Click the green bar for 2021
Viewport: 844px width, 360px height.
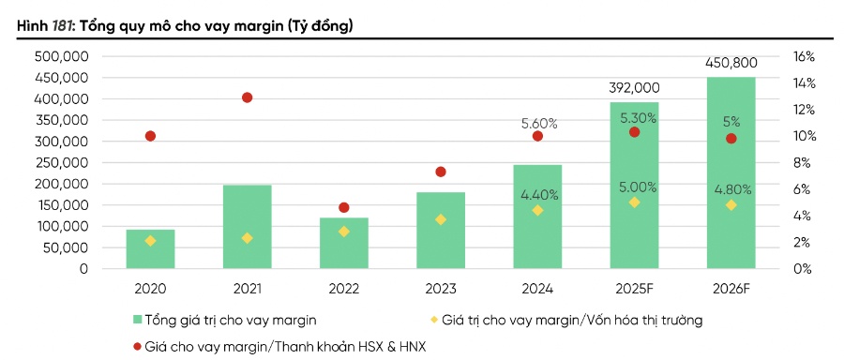(x=247, y=227)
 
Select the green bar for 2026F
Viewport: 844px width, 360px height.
(x=731, y=173)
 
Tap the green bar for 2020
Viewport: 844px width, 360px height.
(x=150, y=248)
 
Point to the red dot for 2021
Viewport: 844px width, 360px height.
(x=247, y=97)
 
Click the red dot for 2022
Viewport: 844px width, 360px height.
(x=343, y=207)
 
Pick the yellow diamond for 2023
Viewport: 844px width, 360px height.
(x=440, y=219)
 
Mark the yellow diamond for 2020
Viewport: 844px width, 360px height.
(x=150, y=241)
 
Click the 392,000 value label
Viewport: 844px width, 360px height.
(x=634, y=87)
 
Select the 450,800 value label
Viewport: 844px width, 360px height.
(x=731, y=63)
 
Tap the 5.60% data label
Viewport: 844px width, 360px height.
(x=539, y=123)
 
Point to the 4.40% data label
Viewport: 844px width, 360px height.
(x=539, y=195)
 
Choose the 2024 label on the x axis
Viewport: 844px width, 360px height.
(x=537, y=289)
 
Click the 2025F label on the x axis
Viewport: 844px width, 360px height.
(x=634, y=289)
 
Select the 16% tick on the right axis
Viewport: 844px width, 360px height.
(x=804, y=56)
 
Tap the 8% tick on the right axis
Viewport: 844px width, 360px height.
(x=802, y=162)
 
